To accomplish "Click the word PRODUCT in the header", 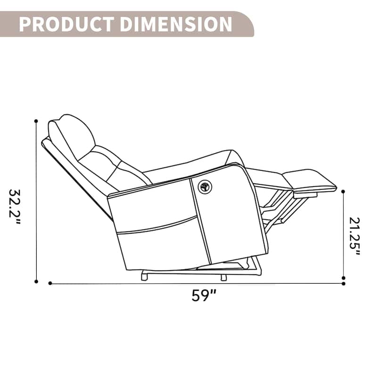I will pos(66,24).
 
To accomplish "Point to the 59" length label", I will pos(204,295).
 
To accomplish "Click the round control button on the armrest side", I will pos(204,187).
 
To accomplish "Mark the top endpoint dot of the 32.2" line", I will pos(36,121).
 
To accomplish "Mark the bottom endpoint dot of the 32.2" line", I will pos(36,281).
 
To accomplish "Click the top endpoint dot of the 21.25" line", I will pos(343,192).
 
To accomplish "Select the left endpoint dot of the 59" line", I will pos(50,283).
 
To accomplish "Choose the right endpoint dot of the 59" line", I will pos(343,283).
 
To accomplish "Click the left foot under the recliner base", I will pos(143,277).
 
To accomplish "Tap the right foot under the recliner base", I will pos(223,277).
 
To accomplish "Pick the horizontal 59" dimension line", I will pos(198,283).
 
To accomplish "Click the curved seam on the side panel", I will pos(156,226).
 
